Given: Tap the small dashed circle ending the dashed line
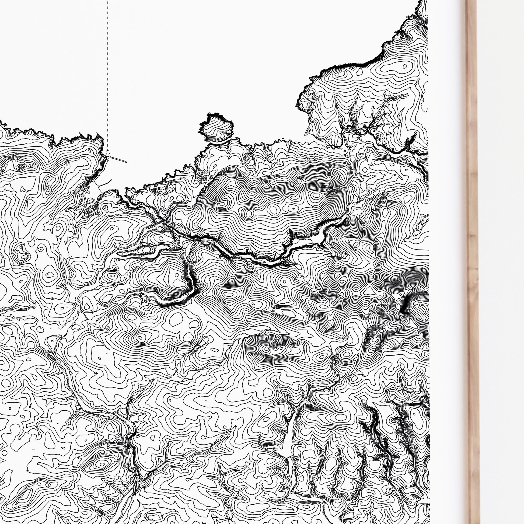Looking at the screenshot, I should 108,153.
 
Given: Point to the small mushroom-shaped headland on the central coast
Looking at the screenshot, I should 216,128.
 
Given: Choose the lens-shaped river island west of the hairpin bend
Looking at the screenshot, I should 138,251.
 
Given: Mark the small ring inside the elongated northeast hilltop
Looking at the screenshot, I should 404,66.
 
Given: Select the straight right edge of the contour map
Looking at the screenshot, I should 428,244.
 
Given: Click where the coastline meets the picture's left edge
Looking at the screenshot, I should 1,122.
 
